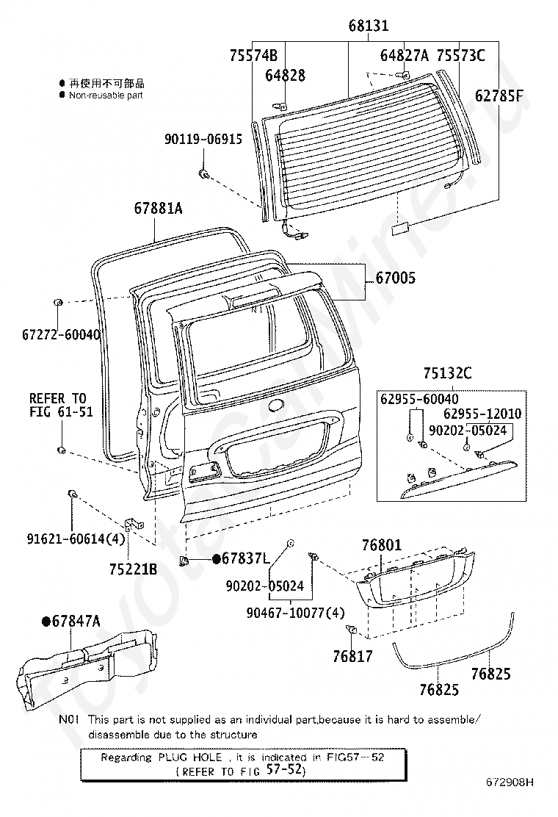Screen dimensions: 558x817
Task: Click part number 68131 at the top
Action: coord(369,26)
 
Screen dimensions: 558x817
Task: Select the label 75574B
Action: coord(253,55)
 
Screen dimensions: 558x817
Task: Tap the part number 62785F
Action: coord(499,96)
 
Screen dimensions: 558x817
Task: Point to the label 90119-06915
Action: coord(203,139)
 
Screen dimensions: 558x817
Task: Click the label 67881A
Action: coord(159,209)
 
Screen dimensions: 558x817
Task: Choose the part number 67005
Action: coord(396,278)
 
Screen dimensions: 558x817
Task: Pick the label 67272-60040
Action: coord(62,334)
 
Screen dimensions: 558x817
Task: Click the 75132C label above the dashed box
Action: coord(448,373)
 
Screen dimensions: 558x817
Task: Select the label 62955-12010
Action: coord(482,414)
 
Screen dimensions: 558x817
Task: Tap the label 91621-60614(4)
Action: coord(76,539)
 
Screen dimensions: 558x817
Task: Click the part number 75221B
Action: coord(133,569)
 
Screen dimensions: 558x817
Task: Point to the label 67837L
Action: coord(246,558)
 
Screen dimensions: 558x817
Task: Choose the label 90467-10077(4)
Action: coord(296,613)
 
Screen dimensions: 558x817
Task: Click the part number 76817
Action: coord(353,657)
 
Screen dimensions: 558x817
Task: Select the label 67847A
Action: coord(76,621)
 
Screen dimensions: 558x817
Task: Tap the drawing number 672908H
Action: coord(510,782)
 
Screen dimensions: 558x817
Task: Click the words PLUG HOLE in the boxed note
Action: coord(190,757)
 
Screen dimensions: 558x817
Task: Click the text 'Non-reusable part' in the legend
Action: coord(106,96)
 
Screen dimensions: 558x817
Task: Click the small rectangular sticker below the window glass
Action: coord(399,229)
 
